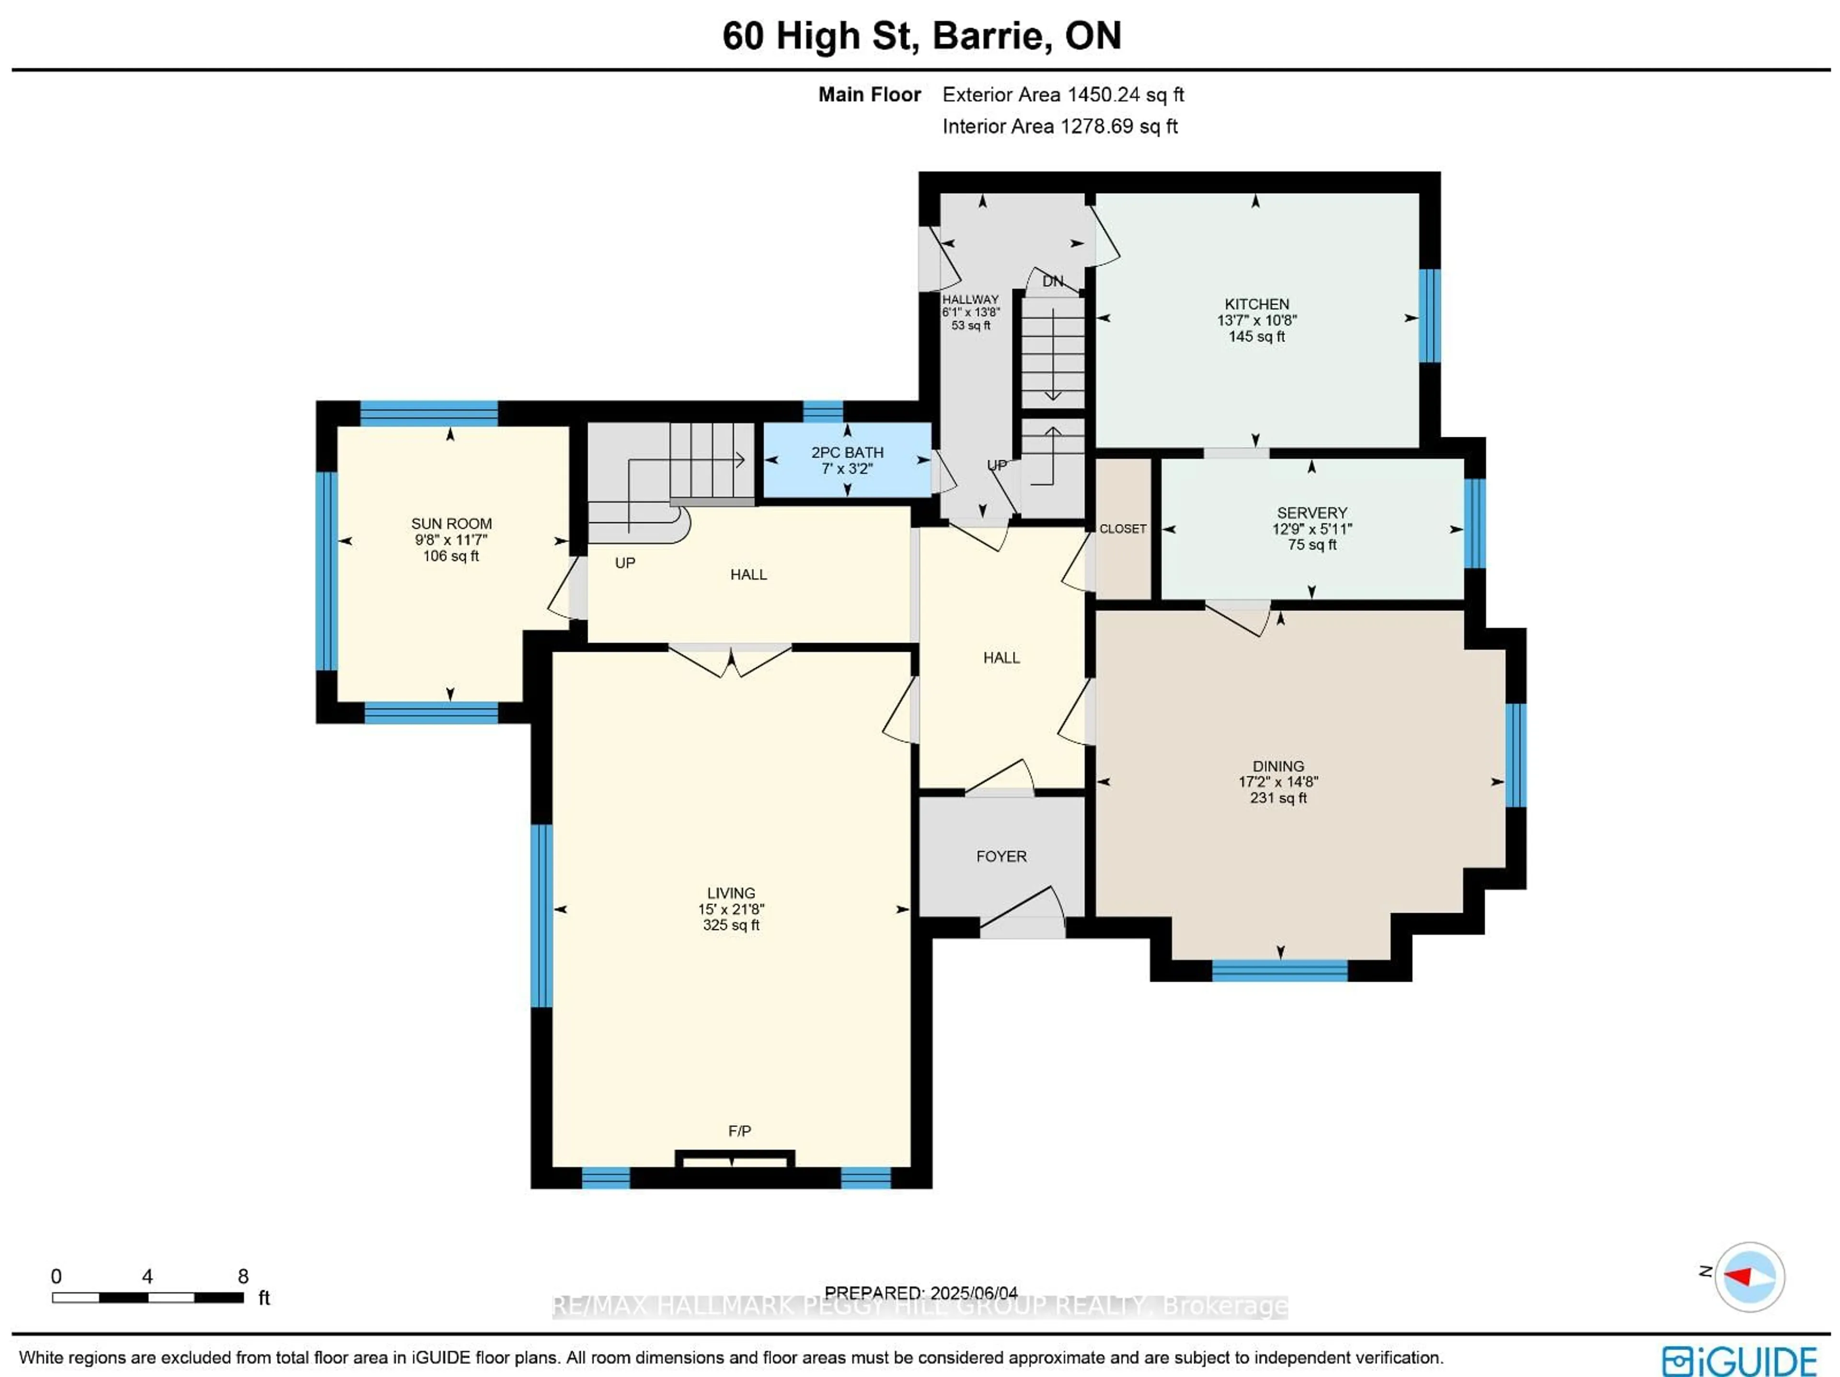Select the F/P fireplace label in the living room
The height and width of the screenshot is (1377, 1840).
coord(739,1131)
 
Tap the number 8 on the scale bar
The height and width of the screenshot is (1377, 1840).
coord(243,1276)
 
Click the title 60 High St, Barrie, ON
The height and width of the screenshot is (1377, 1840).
coord(921,36)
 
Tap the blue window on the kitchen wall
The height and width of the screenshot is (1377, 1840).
coord(1428,316)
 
